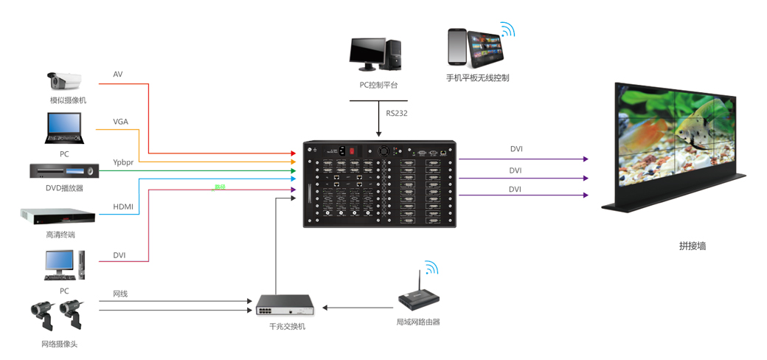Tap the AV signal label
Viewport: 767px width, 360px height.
pyautogui.click(x=118, y=75)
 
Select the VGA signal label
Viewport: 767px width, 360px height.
pyautogui.click(x=121, y=122)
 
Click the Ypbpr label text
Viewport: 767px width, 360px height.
pyautogui.click(x=123, y=162)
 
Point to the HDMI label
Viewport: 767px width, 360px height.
pyautogui.click(x=123, y=207)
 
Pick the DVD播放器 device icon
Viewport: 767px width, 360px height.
pyautogui.click(x=63, y=170)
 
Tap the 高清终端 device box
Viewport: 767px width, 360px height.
pyautogui.click(x=58, y=216)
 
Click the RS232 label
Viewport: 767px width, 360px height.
pyautogui.click(x=397, y=114)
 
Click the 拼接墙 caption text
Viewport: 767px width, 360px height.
pyautogui.click(x=693, y=246)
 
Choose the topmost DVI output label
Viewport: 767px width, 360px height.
pyautogui.click(x=516, y=149)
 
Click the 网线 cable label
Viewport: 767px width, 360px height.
pyautogui.click(x=120, y=294)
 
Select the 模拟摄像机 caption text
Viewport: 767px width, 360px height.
pyautogui.click(x=68, y=100)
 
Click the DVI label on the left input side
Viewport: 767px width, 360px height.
pyautogui.click(x=119, y=255)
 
